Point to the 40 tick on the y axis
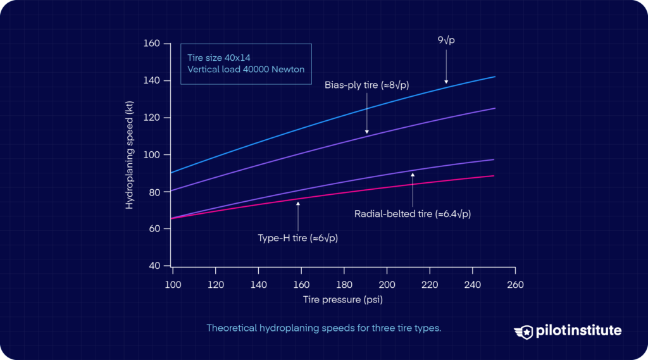pyautogui.click(x=154, y=266)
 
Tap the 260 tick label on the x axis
pyautogui.click(x=515, y=285)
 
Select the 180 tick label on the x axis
pyautogui.click(x=344, y=285)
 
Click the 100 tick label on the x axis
pyautogui.click(x=173, y=285)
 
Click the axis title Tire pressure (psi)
pyautogui.click(x=344, y=299)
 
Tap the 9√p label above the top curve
pyautogui.click(x=446, y=40)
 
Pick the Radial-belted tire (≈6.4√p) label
pyautogui.click(x=413, y=214)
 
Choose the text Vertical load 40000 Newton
pyautogui.click(x=246, y=69)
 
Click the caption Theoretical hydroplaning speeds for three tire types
pyautogui.click(x=323, y=328)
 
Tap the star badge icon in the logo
pyautogui.click(x=525, y=331)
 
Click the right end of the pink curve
pyautogui.click(x=494, y=176)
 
